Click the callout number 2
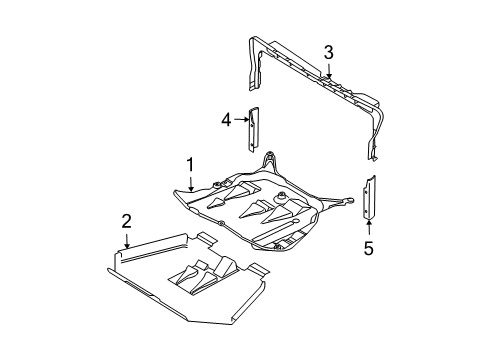pyautogui.click(x=126, y=220)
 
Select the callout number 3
pyautogui.click(x=327, y=51)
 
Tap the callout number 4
pyautogui.click(x=227, y=119)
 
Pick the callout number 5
pyautogui.click(x=368, y=247)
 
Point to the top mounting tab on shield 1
pyautogui.click(x=268, y=160)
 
